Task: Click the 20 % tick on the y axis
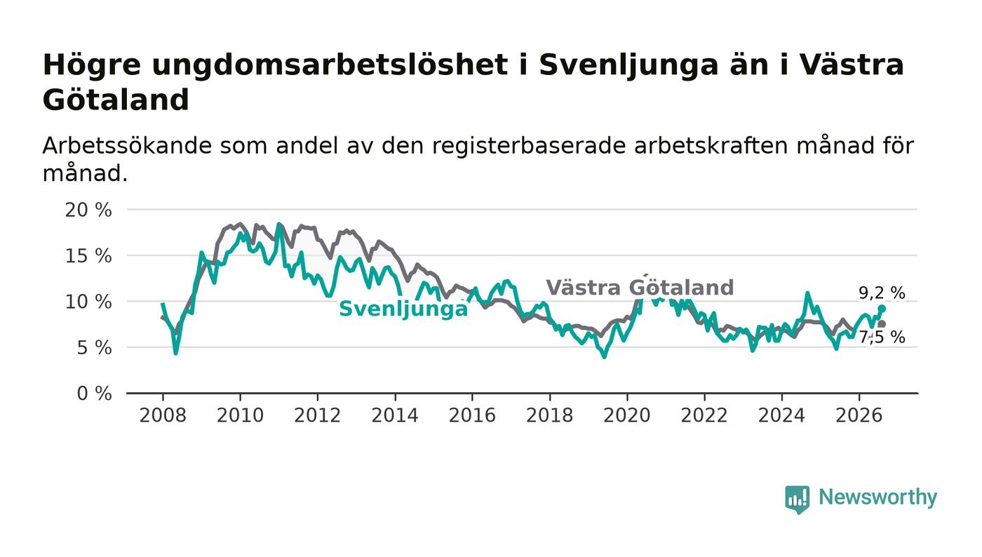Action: [x=88, y=210]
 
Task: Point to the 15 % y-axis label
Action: [x=88, y=255]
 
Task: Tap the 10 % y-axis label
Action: [x=88, y=302]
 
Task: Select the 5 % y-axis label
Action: [x=94, y=348]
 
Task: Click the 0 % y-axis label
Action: [x=94, y=394]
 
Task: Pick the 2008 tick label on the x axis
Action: [x=163, y=415]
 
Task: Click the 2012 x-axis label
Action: [x=317, y=415]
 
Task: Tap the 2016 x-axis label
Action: [x=472, y=415]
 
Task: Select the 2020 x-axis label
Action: [x=627, y=415]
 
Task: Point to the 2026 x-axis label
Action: [x=859, y=415]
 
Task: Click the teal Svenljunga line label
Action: [x=404, y=309]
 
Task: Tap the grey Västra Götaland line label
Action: [x=640, y=288]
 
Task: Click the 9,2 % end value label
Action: [x=882, y=293]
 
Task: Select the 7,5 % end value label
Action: [x=882, y=337]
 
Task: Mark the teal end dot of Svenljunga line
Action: [x=882, y=309]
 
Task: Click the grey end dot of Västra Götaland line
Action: [x=882, y=324]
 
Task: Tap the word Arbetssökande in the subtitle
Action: [x=127, y=146]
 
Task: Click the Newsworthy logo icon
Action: [x=798, y=499]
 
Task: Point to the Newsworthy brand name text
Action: [x=878, y=497]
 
